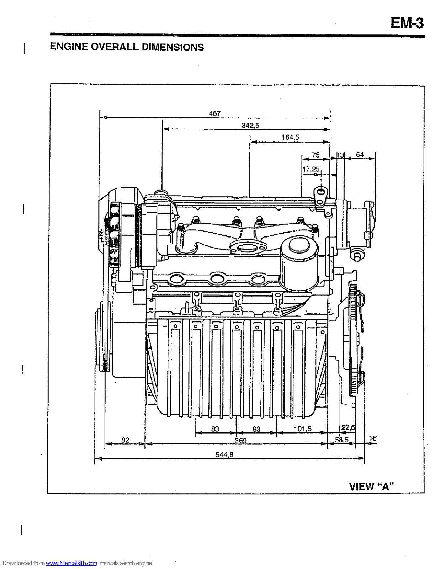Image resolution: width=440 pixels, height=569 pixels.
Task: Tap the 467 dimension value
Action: tap(214, 113)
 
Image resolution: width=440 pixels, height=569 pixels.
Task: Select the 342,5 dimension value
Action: tap(250, 126)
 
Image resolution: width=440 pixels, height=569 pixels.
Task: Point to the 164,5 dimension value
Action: tap(290, 137)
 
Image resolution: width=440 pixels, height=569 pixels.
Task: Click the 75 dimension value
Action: tap(316, 155)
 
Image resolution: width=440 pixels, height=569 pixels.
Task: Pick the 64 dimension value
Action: tap(360, 155)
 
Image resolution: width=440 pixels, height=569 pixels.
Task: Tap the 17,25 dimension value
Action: tap(311, 169)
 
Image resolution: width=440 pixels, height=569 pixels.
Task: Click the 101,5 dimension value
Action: tap(302, 429)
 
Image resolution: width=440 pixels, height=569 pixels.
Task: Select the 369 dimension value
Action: tap(240, 441)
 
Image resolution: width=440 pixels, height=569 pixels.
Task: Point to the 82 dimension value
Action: tap(126, 440)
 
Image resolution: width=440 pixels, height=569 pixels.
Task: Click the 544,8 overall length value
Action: tap(224, 454)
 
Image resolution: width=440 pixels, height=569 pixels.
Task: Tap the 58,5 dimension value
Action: tap(341, 440)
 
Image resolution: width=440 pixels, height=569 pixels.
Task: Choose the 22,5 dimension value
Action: tap(348, 427)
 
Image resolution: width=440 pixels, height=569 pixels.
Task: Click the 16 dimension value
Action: tap(372, 438)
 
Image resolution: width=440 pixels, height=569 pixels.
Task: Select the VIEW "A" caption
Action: tap(371, 486)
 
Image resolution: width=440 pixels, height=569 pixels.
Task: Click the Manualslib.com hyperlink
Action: tap(71, 563)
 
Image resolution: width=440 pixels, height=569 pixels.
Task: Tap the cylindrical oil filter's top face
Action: tap(299, 246)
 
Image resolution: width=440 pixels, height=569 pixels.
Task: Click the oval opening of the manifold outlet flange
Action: tap(248, 248)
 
